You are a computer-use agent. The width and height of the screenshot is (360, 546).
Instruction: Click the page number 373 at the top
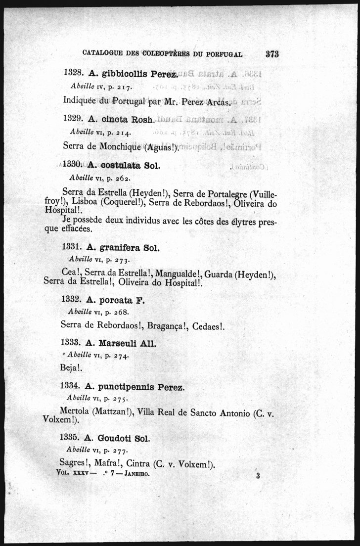click(x=272, y=54)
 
